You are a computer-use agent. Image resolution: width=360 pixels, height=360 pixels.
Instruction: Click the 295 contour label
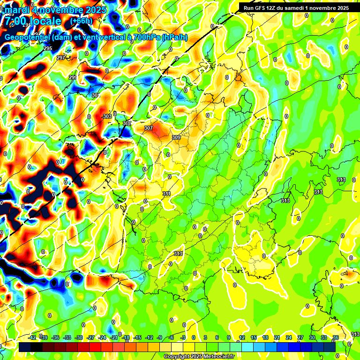(47, 49)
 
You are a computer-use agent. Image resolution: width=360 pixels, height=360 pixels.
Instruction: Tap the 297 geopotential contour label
(60, 58)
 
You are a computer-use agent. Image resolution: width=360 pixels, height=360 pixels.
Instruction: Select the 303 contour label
(107, 116)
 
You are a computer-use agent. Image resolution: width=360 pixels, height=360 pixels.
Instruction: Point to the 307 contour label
(149, 128)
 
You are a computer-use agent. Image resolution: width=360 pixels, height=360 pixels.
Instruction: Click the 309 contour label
(176, 137)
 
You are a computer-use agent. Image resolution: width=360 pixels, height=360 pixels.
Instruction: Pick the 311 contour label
(166, 194)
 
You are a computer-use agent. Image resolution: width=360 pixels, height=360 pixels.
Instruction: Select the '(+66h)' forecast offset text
(81, 21)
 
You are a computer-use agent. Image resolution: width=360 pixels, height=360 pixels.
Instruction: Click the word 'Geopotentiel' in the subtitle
(28, 37)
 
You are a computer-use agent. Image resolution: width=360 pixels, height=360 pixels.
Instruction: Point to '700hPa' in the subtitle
(142, 37)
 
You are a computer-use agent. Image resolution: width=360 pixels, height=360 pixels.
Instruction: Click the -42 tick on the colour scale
(32, 338)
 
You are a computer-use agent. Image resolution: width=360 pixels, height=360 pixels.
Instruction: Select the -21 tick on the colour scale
(113, 338)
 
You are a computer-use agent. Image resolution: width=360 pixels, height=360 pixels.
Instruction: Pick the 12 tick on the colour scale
(241, 338)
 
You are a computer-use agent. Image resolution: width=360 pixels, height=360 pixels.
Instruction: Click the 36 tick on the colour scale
(335, 338)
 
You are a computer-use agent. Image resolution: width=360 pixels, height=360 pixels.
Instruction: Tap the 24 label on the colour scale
(288, 338)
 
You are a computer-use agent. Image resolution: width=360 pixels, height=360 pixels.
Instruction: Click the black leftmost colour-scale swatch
(25, 347)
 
